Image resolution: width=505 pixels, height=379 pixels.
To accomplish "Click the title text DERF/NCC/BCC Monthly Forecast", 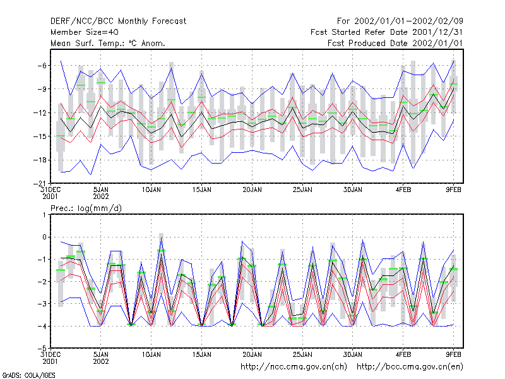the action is coord(118,21).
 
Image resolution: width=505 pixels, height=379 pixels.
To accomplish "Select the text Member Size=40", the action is coord(85,32).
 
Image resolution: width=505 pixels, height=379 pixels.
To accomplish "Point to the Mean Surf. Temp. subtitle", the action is coord(107,43).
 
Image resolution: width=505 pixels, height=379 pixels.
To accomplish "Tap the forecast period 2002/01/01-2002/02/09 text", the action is coord(400,21).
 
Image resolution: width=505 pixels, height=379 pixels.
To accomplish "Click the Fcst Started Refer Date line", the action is coord(387,32).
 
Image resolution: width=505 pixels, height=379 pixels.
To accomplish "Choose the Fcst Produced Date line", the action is coord(395,43).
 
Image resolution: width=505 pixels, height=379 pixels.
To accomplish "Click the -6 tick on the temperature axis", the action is coord(42,66).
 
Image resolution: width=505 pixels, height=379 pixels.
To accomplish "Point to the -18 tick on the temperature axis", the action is coord(40,160).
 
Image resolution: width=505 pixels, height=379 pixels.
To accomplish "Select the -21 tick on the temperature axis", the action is coord(40,184).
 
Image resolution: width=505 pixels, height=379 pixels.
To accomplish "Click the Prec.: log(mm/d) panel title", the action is coord(86,208).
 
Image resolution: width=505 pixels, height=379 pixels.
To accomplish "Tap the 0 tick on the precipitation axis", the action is coord(44,238).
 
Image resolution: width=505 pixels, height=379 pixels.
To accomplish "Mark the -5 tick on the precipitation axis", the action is coord(42,348).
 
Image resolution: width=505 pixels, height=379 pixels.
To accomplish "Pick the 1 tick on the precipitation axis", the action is coord(44,215).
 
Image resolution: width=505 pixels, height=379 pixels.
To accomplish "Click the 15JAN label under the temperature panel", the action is coord(202,190).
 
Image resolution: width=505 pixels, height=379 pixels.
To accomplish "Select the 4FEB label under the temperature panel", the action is coord(403,190).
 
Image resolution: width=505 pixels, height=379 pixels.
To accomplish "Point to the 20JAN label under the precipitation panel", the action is coord(252,355).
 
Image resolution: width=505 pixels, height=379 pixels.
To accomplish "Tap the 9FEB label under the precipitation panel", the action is coord(453,355).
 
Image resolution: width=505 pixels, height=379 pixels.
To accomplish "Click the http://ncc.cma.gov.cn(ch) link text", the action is coord(294,367).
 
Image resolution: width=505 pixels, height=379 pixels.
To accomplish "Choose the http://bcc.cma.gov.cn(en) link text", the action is coord(410,367).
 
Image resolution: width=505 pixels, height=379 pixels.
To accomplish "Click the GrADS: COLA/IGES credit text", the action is coord(29,375).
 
